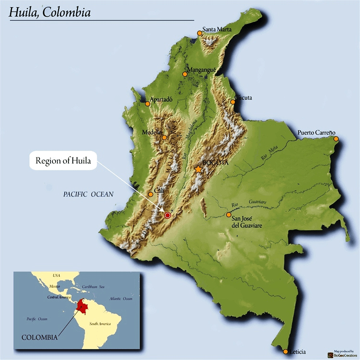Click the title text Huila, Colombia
[x=49, y=12]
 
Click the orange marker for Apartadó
[x=147, y=104]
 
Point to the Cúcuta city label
[x=244, y=98]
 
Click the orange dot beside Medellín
[x=165, y=137]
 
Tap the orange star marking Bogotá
[x=198, y=169]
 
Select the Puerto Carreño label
[x=317, y=132]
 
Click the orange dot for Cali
[x=151, y=194]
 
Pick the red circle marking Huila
[x=167, y=215]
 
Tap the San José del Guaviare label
[x=247, y=221]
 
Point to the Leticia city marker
[x=285, y=352]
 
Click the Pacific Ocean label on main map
[x=89, y=194]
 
